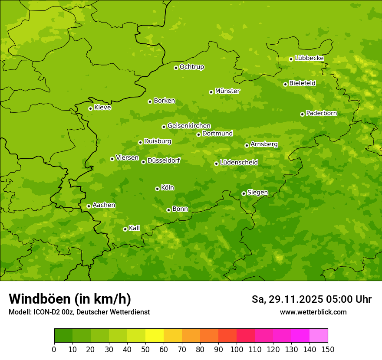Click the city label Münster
pyautogui.click(x=227, y=91)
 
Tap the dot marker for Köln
pyautogui.click(x=157, y=189)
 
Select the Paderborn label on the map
pyautogui.click(x=321, y=113)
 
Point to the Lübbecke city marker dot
pyautogui.click(x=291, y=59)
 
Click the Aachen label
pyautogui.click(x=104, y=205)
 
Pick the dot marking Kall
pyautogui.click(x=125, y=229)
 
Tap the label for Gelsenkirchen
pyautogui.click(x=189, y=126)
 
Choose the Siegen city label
pyautogui.click(x=257, y=193)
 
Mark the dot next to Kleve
pyautogui.click(x=90, y=108)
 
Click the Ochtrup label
pyautogui.click(x=191, y=67)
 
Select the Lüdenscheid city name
pyautogui.click(x=239, y=163)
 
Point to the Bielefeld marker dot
pyautogui.click(x=285, y=84)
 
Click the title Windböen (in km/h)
pyautogui.click(x=70, y=299)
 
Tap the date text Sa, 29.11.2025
pyautogui.click(x=286, y=299)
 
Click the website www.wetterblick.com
pyautogui.click(x=313, y=312)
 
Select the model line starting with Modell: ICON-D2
pyautogui.click(x=79, y=312)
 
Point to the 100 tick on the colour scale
pyautogui.click(x=237, y=350)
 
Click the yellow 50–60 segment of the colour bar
pyautogui.click(x=155, y=336)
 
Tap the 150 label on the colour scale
pyautogui.click(x=328, y=350)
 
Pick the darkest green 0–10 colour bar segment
pyautogui.click(x=63, y=336)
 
